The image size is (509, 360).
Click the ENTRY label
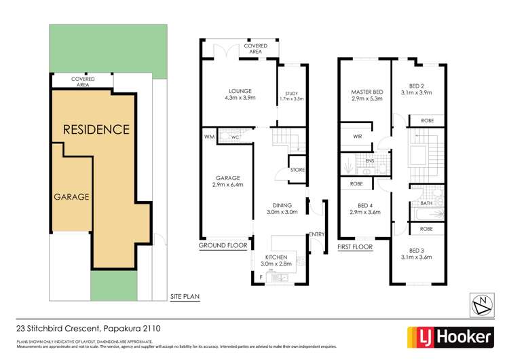(x=316, y=234)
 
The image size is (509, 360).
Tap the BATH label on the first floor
(x=426, y=202)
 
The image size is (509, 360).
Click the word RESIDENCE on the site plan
(x=96, y=129)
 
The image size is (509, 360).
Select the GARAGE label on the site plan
(x=72, y=196)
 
